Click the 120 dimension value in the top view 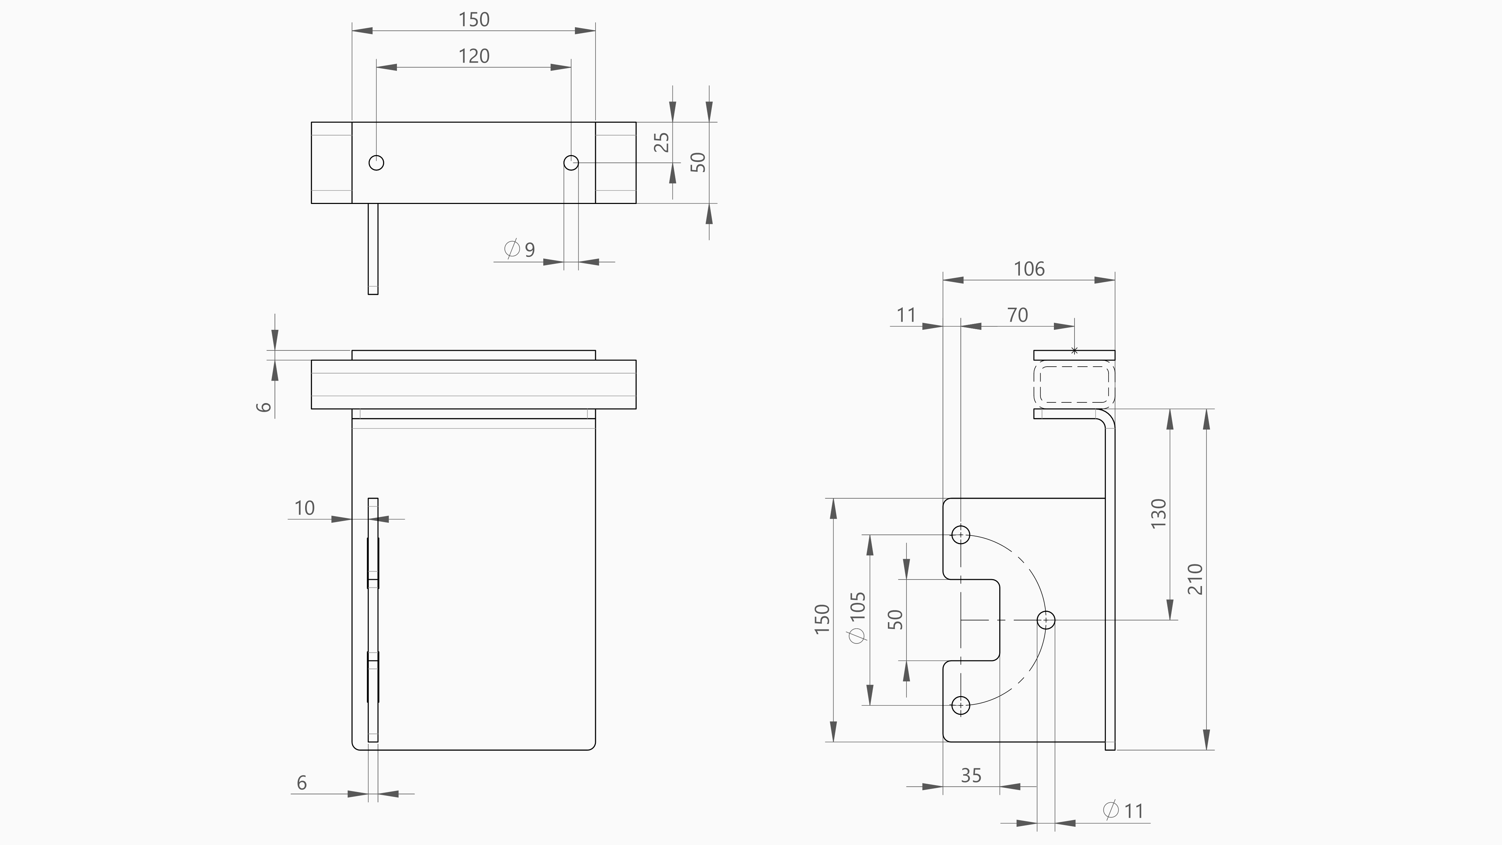[474, 56]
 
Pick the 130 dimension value [1159, 513]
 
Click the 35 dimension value [971, 776]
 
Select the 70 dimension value [1017, 315]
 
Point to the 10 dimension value [304, 508]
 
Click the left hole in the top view [377, 162]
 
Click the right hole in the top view [571, 162]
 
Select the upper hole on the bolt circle [960, 534]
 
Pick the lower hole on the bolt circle [960, 705]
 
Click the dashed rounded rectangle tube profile [1074, 384]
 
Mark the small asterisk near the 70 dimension [1074, 351]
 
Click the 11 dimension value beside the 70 [906, 315]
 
